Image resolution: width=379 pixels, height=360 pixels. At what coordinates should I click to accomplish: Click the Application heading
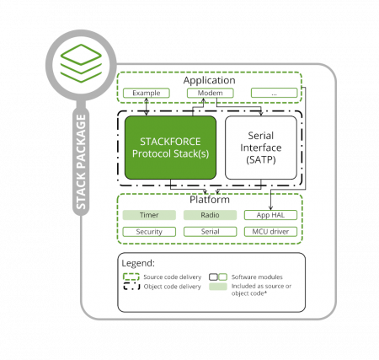tap(210, 79)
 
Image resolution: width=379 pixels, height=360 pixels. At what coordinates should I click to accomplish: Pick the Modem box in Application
tap(210, 92)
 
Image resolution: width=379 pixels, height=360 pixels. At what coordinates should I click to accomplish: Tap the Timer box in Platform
tap(148, 215)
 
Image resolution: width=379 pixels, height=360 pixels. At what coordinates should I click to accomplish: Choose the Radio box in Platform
tap(210, 215)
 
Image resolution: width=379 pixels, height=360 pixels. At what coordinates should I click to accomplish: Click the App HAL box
tap(270, 215)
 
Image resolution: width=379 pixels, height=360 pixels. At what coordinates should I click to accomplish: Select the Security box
tap(148, 231)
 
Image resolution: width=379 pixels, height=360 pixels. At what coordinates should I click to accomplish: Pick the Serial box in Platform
tap(210, 231)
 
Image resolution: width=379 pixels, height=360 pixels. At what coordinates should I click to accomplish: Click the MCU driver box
tap(270, 231)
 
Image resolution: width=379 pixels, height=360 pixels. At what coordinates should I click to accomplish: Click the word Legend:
tap(140, 264)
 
